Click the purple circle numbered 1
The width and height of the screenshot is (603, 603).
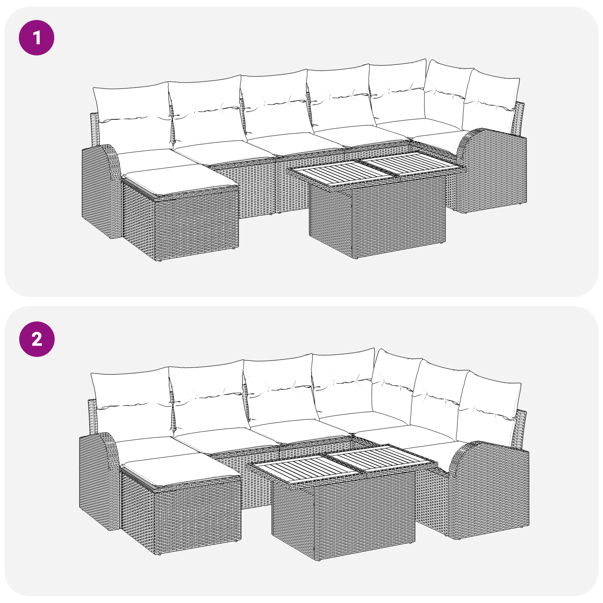coord(37,38)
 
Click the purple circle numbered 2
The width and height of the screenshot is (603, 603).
coord(37,339)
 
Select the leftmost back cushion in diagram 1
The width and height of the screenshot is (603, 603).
coord(132,113)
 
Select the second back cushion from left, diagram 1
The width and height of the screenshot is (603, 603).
coord(205,109)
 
